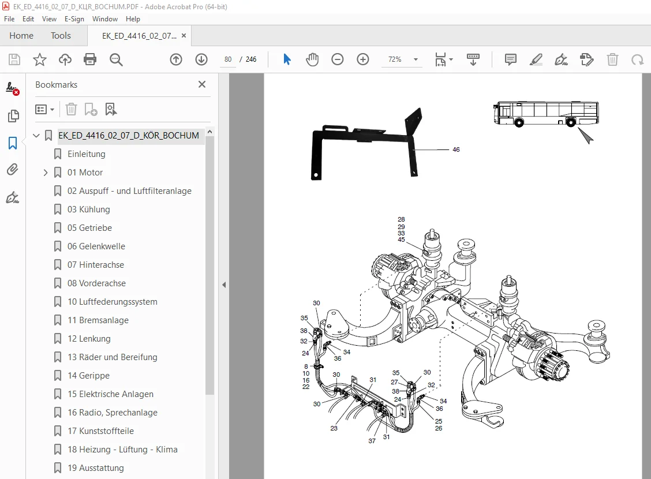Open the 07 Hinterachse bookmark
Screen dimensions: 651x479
95,265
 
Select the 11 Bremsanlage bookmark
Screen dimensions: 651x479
98,320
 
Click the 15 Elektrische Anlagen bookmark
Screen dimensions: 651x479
110,394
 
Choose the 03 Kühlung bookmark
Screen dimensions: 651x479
88,209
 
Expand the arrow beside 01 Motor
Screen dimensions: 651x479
46,173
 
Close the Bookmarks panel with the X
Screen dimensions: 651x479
202,84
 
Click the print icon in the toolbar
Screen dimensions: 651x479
90,59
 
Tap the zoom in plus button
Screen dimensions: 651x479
363,59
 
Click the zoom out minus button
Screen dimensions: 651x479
338,59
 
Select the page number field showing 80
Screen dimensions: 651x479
228,59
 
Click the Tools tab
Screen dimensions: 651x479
61,36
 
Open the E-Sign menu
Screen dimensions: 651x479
74,19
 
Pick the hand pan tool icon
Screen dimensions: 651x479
312,59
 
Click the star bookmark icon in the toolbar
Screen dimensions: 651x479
40,59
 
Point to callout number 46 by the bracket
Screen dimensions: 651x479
456,149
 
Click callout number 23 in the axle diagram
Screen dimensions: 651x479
334,428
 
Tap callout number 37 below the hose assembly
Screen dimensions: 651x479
372,441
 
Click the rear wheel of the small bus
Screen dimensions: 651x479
571,122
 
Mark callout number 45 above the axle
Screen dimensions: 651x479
401,240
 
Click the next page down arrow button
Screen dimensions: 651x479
201,59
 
